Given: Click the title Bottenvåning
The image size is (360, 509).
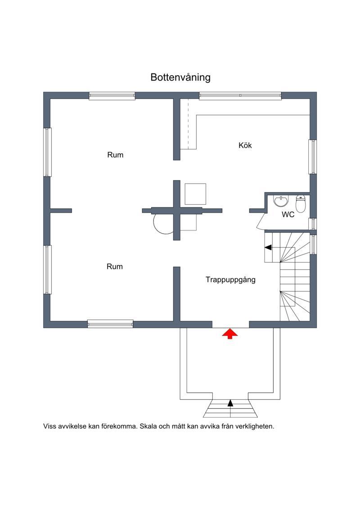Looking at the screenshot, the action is (180, 77).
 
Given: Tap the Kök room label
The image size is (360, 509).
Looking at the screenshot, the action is (245, 145).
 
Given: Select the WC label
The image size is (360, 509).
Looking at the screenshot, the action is (288, 215).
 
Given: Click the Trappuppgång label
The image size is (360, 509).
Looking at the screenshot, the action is (230, 280).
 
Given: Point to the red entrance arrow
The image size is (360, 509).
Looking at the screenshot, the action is (230, 334).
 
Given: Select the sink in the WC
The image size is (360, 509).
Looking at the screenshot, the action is (280, 201).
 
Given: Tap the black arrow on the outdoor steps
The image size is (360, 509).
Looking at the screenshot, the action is (230, 403).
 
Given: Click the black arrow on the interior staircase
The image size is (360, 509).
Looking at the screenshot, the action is (268, 248).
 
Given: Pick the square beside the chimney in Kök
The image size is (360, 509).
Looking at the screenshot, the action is (195, 194).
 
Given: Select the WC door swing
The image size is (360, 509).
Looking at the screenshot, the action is (261, 221).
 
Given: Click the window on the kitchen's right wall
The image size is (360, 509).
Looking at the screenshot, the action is (313, 157).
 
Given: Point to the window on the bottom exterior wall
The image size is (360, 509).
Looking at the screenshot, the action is (110, 324).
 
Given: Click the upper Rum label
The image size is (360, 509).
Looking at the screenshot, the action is (115, 155).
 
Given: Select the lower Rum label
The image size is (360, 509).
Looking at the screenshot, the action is (115, 266).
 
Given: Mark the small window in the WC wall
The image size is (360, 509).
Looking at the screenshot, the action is (313, 224).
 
